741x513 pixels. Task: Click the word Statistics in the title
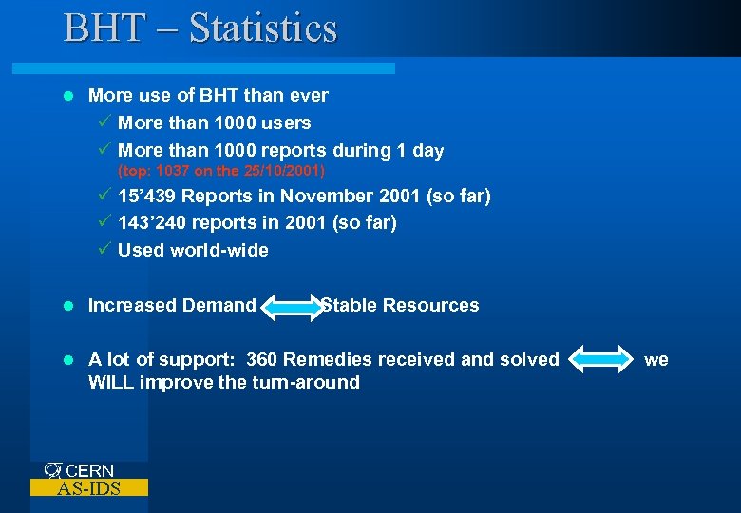pyautogui.click(x=263, y=28)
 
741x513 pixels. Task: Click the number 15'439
pyautogui.click(x=147, y=196)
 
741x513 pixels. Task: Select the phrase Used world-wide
pyautogui.click(x=193, y=250)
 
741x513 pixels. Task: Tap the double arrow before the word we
pyautogui.click(x=601, y=360)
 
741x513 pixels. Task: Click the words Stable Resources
pyautogui.click(x=400, y=305)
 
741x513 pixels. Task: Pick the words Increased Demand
pyautogui.click(x=172, y=305)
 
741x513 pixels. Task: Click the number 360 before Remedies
pyautogui.click(x=262, y=359)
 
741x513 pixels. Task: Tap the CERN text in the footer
pyautogui.click(x=89, y=471)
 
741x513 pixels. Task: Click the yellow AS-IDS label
pyautogui.click(x=88, y=488)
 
